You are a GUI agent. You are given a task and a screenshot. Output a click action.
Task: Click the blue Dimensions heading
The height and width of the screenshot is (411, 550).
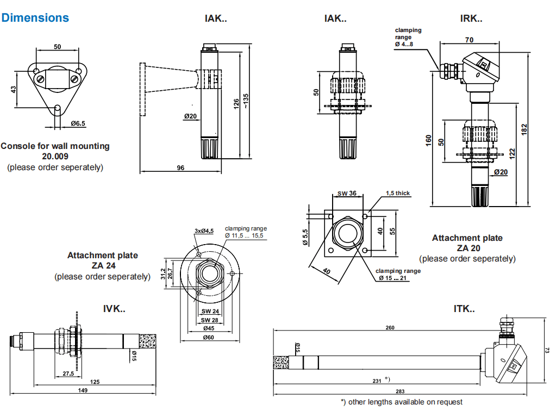(35, 17)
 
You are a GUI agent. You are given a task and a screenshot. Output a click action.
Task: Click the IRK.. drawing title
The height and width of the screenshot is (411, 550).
(471, 18)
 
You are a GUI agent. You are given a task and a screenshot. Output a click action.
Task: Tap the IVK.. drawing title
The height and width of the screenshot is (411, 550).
(114, 309)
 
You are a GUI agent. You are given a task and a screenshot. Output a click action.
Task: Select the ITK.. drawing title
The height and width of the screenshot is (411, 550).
(464, 309)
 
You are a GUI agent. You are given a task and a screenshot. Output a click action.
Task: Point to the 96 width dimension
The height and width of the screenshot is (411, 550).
(180, 168)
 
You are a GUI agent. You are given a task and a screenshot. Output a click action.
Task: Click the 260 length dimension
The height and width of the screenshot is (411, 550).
(390, 328)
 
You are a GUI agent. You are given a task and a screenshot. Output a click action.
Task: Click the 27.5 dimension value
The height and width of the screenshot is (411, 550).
(68, 374)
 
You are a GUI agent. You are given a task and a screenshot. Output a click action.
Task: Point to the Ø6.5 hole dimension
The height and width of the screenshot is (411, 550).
(78, 123)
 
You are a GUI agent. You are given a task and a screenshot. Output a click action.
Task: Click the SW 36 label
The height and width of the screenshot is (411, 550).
(347, 193)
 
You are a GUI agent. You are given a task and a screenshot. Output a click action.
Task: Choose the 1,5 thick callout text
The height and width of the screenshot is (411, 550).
(398, 193)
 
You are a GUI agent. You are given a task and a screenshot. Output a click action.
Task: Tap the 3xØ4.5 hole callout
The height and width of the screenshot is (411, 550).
(204, 231)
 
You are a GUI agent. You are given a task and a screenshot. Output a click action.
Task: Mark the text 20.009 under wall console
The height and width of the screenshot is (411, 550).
(55, 156)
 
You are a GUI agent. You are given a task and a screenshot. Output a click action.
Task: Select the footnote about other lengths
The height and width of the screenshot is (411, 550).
(402, 402)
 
